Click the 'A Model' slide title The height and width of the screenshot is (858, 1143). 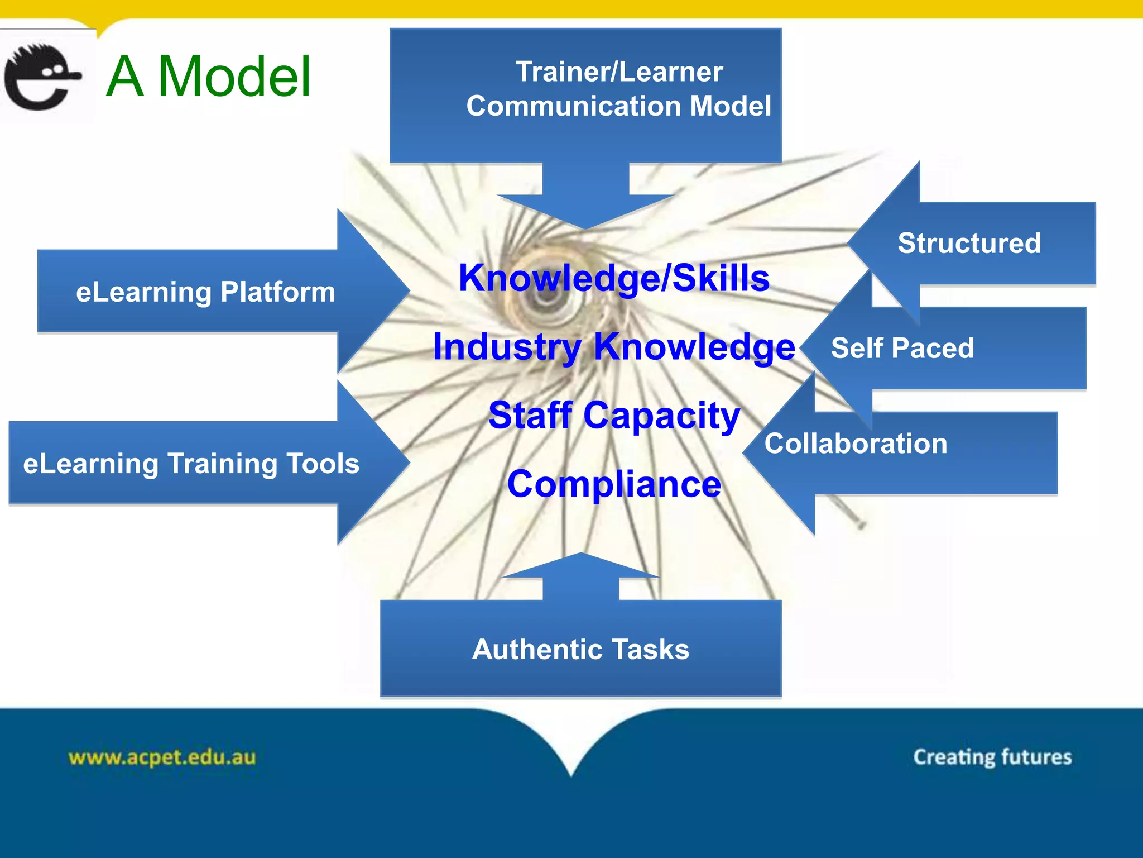[x=208, y=77]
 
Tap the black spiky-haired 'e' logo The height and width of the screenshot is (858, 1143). [x=42, y=77]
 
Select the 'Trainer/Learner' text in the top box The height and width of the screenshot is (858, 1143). [x=619, y=71]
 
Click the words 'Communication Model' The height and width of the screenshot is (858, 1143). [x=619, y=106]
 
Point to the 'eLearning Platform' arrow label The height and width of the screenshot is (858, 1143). [x=205, y=292]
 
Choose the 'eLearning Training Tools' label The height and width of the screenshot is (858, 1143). [x=191, y=464]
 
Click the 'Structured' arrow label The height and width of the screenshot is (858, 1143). [x=969, y=243]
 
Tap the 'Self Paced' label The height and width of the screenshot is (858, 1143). [x=902, y=348]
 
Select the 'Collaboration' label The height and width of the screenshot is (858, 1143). [x=856, y=444]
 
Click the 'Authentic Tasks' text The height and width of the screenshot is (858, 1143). [x=580, y=649]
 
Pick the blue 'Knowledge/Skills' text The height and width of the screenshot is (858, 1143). [x=614, y=278]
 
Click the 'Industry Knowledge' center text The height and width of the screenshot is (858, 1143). [x=614, y=346]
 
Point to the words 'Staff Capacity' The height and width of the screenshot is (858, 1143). [x=614, y=415]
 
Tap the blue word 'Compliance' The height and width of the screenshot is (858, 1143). [x=614, y=484]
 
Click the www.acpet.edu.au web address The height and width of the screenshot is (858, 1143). [x=162, y=757]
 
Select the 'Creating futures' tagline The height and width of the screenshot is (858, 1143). [x=992, y=757]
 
